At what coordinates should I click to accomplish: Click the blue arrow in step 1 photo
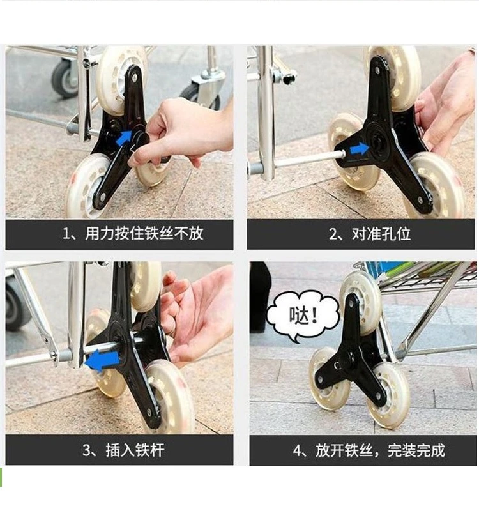[124, 139]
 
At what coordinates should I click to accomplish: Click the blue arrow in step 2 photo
[360, 148]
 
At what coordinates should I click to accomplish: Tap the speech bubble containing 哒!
[302, 316]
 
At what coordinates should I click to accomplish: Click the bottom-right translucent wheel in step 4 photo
[389, 395]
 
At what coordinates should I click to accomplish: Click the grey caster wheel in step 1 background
[65, 79]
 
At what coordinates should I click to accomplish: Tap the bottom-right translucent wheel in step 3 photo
[169, 397]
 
